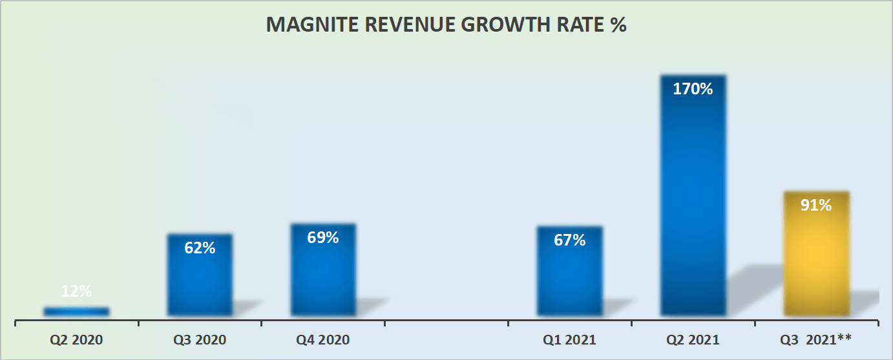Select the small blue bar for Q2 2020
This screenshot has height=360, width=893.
76,312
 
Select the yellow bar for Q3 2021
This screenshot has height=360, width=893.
816,259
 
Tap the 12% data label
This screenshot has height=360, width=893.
76,291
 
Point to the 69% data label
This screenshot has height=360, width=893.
323,237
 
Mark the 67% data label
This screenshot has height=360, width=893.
570,240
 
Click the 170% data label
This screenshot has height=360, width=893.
693,89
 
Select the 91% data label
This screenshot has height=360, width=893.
816,205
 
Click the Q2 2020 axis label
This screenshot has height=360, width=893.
76,339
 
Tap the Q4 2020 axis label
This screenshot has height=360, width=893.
323,339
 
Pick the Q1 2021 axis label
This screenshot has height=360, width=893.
570,339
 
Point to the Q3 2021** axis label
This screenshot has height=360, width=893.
816,339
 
